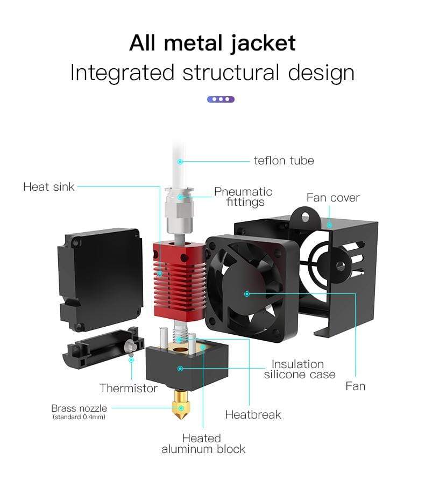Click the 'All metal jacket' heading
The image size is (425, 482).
(212, 43)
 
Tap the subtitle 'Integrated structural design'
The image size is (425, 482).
(212, 73)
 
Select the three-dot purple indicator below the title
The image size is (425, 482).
(221, 99)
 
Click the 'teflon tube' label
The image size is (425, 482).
(284, 160)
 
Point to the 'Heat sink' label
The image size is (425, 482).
(49, 187)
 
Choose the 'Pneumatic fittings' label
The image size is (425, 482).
(243, 197)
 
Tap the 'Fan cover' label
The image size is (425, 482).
(333, 198)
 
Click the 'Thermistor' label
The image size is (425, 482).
(129, 388)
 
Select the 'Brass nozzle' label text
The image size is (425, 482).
(79, 408)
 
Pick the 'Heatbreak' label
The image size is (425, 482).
(253, 414)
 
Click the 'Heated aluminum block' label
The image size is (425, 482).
(203, 444)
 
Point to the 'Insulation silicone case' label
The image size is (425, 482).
(299, 369)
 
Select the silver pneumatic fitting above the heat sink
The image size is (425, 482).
(178, 210)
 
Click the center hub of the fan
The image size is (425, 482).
(247, 293)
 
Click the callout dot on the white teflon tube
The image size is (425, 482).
(181, 161)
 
